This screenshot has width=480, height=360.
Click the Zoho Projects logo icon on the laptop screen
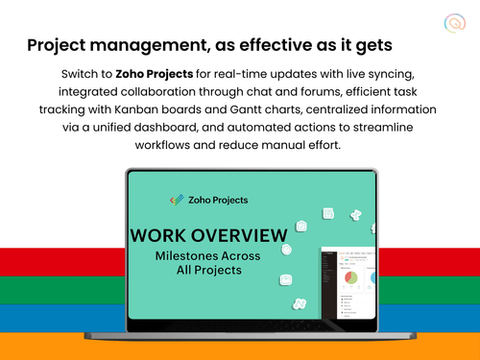pyautogui.click(x=176, y=200)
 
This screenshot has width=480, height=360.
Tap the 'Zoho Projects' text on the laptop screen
pyautogui.click(x=217, y=200)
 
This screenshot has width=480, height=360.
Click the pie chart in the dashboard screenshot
pyautogui.click(x=352, y=276)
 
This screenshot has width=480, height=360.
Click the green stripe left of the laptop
pyautogui.click(x=58, y=291)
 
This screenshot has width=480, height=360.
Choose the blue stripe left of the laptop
pyautogui.click(x=58, y=318)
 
